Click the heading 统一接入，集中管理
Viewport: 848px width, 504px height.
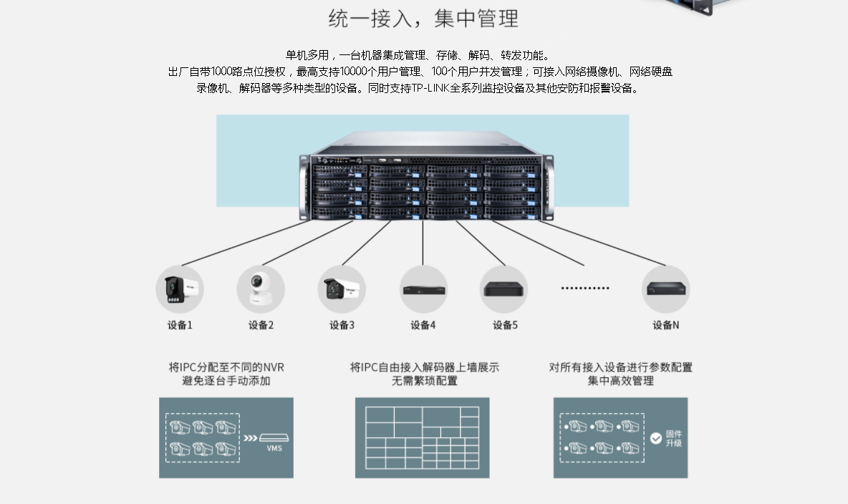click(423, 19)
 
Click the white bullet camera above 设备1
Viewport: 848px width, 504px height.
click(179, 289)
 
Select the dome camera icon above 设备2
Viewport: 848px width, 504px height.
click(261, 289)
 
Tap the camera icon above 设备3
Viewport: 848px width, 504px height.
click(342, 289)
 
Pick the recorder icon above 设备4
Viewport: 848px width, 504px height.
click(423, 289)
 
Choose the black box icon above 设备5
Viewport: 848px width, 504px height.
click(503, 289)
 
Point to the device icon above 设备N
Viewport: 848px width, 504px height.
click(665, 289)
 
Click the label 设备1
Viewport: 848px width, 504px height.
click(180, 325)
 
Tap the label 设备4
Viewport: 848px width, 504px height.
click(423, 325)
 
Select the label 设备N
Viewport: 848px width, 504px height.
click(665, 325)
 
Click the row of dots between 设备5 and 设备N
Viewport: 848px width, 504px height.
click(585, 289)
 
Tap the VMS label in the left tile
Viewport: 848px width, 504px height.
click(274, 449)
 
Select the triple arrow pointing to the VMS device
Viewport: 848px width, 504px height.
click(250, 438)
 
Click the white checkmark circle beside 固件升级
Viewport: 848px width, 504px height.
click(656, 438)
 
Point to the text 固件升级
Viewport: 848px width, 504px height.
click(674, 438)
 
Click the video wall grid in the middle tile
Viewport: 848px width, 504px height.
click(422, 437)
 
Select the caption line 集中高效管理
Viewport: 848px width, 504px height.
click(620, 382)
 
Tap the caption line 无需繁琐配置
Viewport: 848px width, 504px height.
click(424, 382)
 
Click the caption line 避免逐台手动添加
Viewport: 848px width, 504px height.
click(226, 382)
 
